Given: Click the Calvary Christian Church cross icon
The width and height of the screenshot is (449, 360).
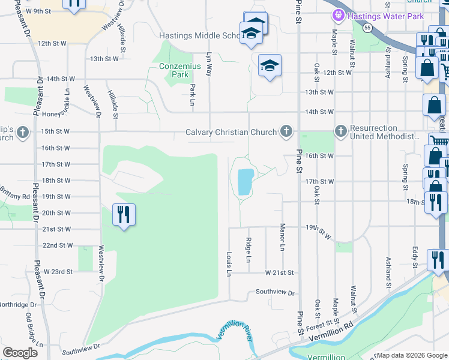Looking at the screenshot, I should tap(286, 132).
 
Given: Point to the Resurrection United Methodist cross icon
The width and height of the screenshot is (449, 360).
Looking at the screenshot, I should tap(340, 131).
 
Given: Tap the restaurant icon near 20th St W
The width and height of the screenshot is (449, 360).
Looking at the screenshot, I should tap(124, 214).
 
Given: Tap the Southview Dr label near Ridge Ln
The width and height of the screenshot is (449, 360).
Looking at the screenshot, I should tap(276, 293).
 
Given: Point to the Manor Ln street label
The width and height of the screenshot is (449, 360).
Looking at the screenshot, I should tap(282, 237).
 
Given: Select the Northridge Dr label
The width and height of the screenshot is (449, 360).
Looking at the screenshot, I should tap(18, 304).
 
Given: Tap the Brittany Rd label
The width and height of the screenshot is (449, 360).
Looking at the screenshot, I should tap(15, 196).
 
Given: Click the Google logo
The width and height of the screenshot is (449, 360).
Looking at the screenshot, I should tap(20, 353).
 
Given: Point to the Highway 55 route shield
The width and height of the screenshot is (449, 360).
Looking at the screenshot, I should tap(366, 28).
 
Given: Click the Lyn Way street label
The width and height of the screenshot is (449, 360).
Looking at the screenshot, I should tap(209, 62).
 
